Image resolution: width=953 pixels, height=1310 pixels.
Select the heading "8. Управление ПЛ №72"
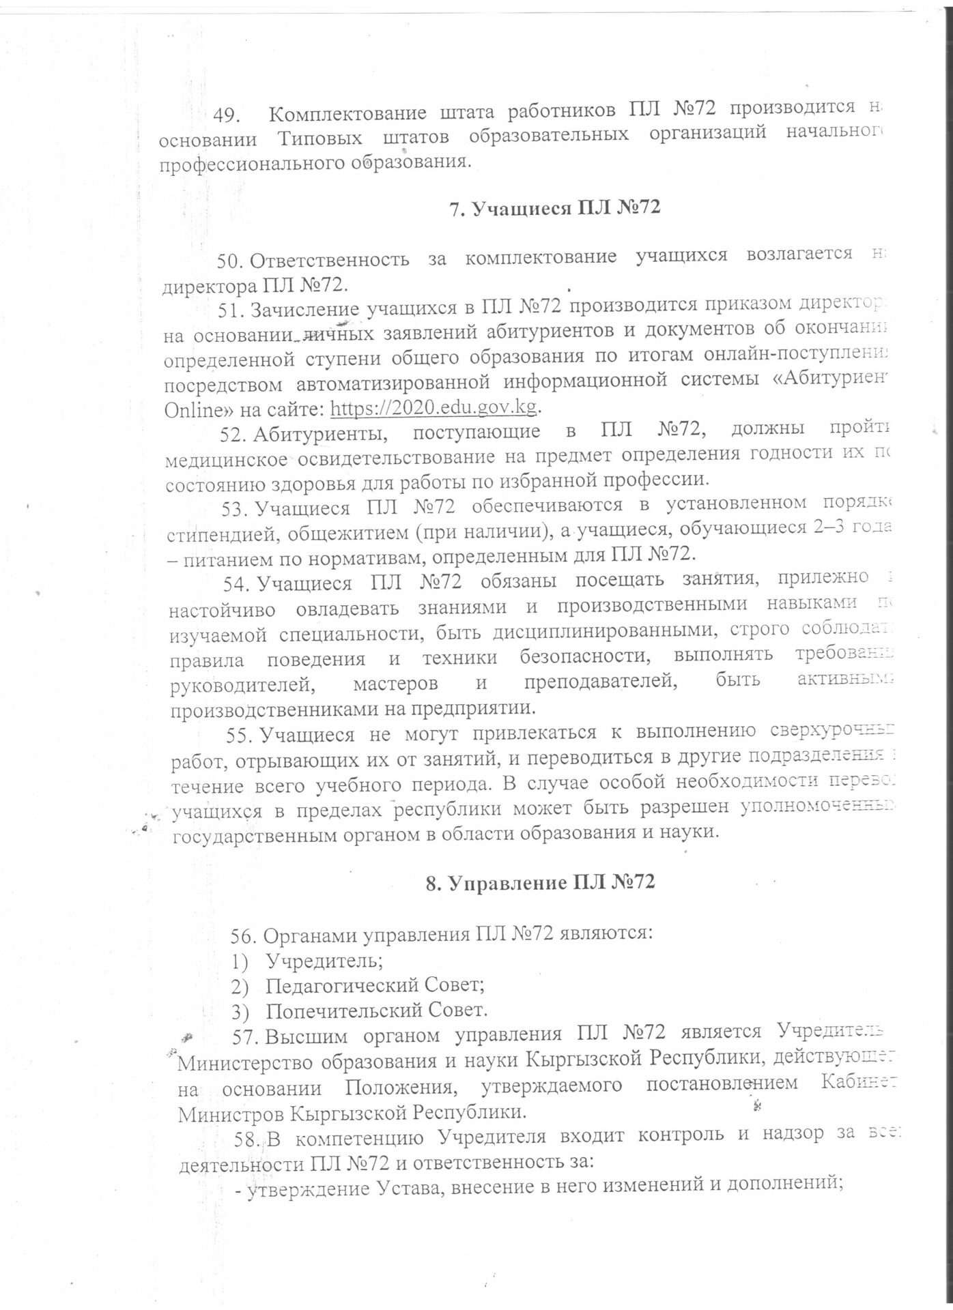(x=540, y=882)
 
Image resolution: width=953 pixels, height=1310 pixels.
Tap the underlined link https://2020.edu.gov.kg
(x=435, y=407)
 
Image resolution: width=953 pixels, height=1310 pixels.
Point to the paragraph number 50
(x=231, y=260)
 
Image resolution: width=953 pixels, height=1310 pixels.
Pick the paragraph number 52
(x=232, y=431)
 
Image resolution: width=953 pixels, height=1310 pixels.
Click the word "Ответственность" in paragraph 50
(x=330, y=259)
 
